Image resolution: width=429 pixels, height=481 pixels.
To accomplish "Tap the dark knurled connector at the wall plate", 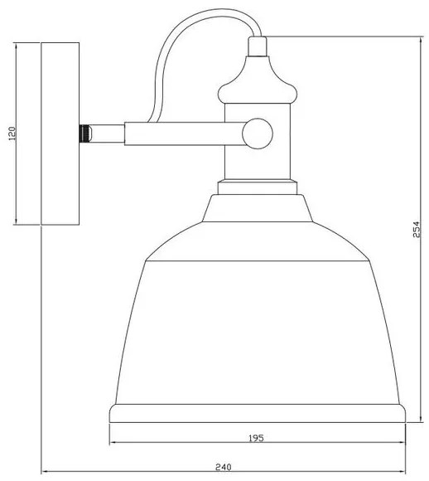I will (x=84, y=132).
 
